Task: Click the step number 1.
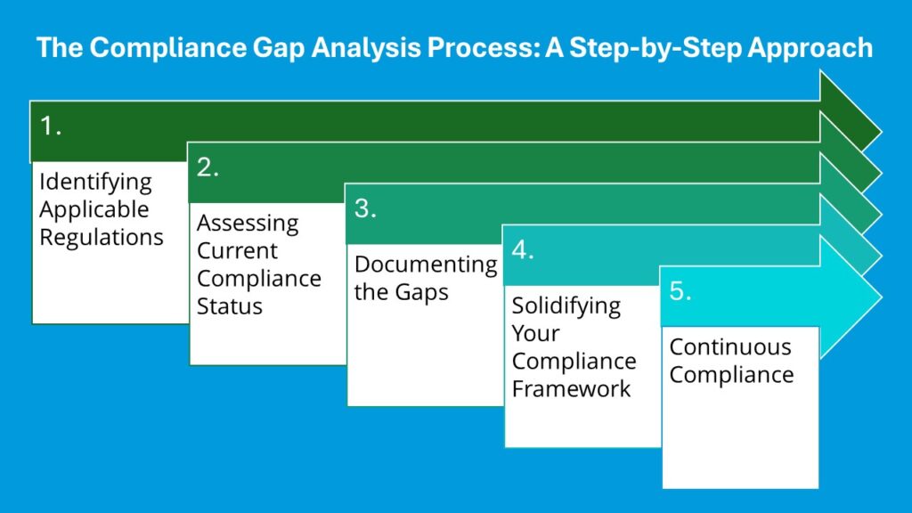tap(50, 126)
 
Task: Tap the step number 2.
tap(208, 167)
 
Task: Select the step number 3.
tap(365, 209)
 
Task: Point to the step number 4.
tap(523, 250)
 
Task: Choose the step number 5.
tap(680, 291)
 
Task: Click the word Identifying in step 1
tap(95, 182)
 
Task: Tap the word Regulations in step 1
tap(101, 238)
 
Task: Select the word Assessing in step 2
tap(248, 223)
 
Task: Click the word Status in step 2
tap(230, 306)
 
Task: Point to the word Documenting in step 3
tap(425, 265)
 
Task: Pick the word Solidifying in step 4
tap(566, 305)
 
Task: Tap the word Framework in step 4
tap(571, 389)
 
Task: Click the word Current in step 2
tap(237, 250)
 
